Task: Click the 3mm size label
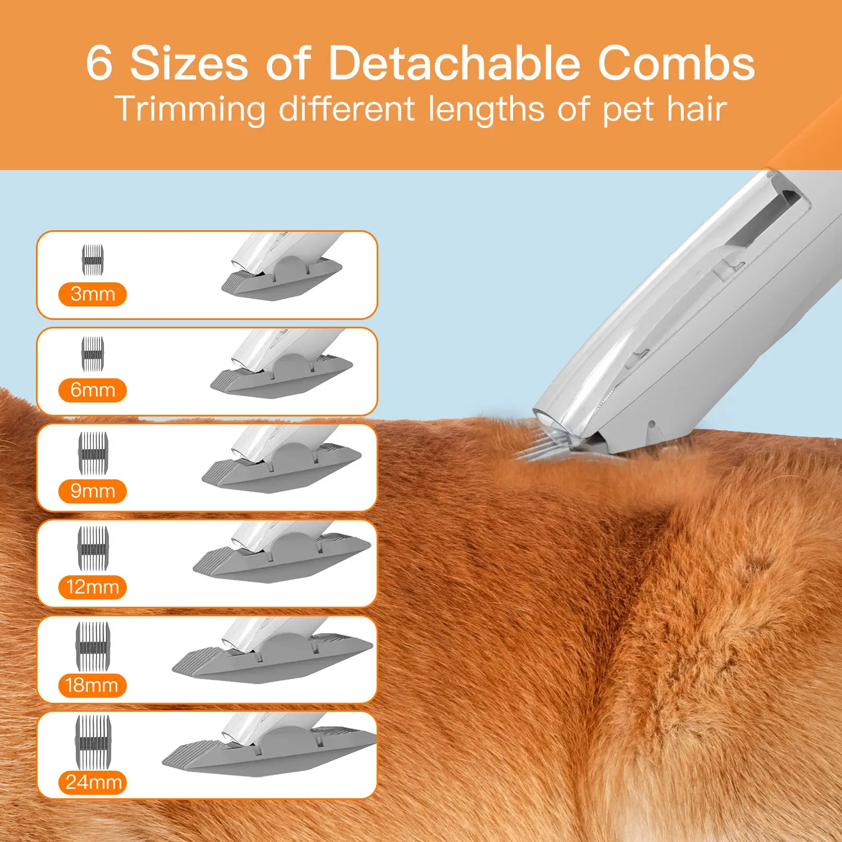click(x=93, y=294)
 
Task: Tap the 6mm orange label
click(x=93, y=390)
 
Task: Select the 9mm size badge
click(x=93, y=491)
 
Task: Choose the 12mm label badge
click(x=93, y=587)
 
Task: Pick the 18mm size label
click(x=93, y=685)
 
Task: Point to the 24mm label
click(x=93, y=782)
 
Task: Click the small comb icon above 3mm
click(x=93, y=260)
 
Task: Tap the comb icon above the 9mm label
click(x=93, y=452)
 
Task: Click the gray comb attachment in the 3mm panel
click(x=281, y=278)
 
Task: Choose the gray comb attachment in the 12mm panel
click(x=281, y=559)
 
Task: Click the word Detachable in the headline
click(x=454, y=63)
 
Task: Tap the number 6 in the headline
click(x=99, y=63)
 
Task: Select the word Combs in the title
click(x=676, y=63)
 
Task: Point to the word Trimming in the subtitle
click(x=190, y=109)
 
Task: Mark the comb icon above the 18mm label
click(x=93, y=646)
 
